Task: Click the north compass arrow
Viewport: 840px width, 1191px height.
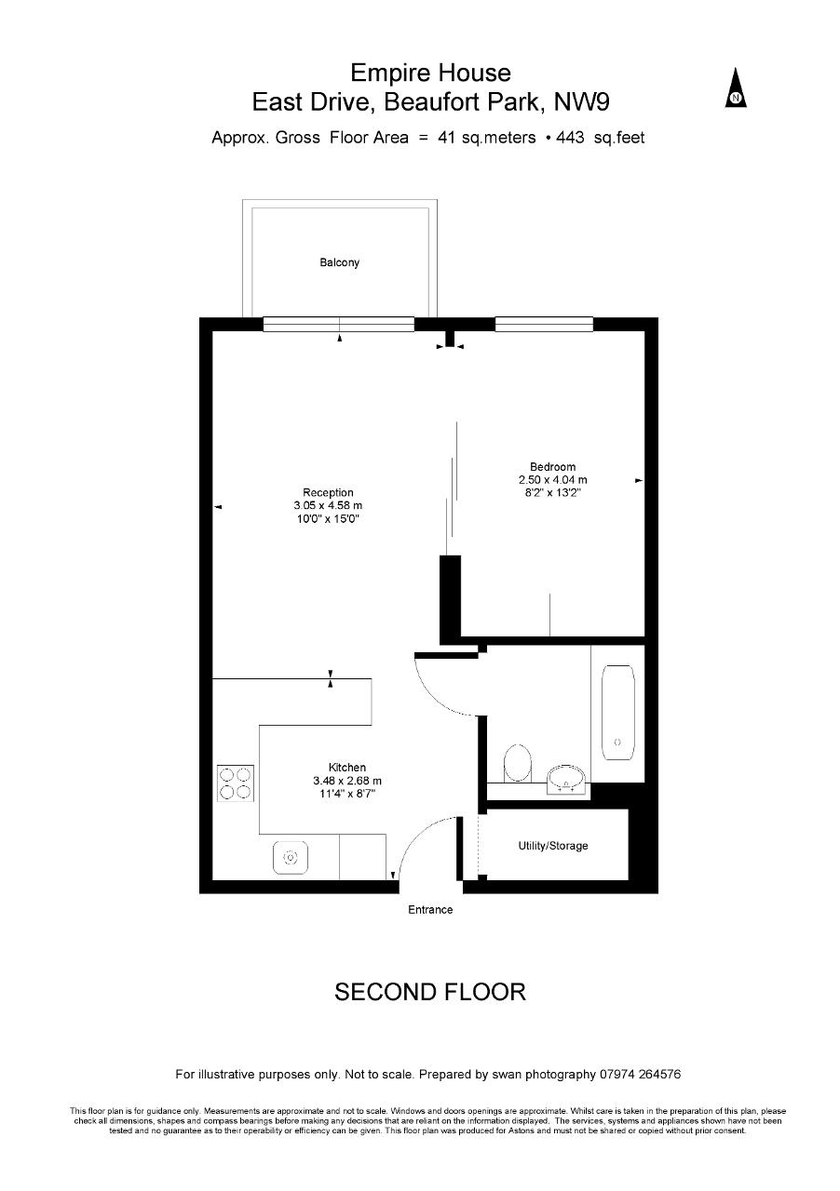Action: [x=735, y=87]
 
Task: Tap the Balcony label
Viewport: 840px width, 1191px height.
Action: [x=339, y=262]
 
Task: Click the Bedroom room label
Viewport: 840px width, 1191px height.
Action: [x=552, y=466]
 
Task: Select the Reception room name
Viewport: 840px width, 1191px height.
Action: [x=328, y=492]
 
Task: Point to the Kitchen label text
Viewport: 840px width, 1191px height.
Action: [x=347, y=768]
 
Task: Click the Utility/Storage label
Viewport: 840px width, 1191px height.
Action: [x=553, y=846]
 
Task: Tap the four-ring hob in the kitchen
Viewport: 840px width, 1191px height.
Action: [x=236, y=783]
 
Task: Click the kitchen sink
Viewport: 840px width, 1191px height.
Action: [x=291, y=857]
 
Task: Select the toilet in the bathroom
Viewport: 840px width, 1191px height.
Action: [x=518, y=763]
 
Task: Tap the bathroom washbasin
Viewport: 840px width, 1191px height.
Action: [x=567, y=780]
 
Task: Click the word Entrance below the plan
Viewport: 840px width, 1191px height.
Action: [x=430, y=910]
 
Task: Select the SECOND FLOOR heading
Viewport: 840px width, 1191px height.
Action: [x=430, y=992]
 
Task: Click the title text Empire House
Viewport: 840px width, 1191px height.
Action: [x=430, y=73]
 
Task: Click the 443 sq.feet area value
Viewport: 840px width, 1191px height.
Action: [x=601, y=138]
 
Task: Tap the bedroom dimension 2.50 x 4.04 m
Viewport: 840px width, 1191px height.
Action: [x=552, y=479]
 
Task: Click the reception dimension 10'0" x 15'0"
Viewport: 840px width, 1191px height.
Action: [x=328, y=518]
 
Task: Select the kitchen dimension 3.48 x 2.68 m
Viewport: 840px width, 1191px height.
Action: [x=347, y=781]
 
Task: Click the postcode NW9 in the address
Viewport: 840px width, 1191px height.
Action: [x=582, y=102]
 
